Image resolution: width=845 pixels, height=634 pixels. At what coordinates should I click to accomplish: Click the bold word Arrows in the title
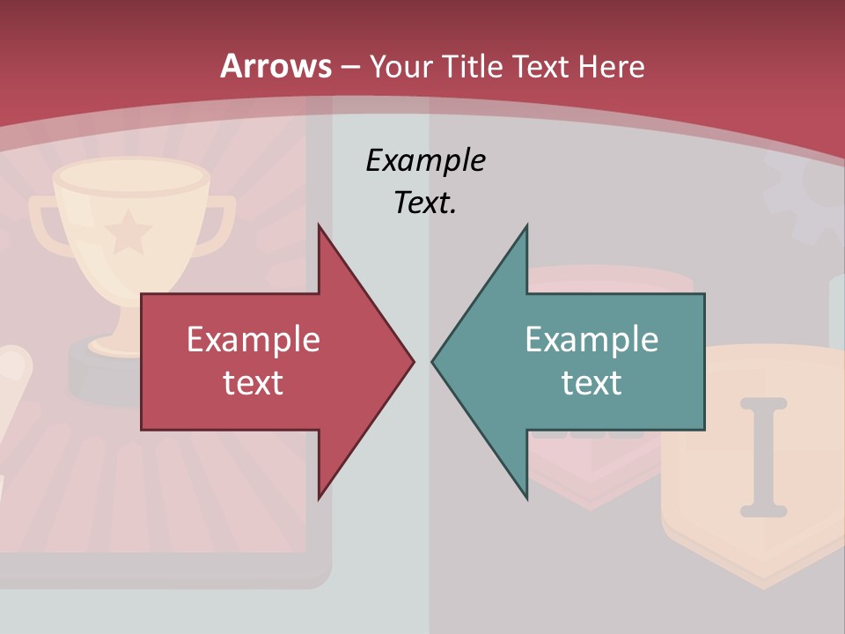click(276, 67)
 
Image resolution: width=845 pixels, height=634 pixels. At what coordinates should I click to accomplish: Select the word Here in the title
click(612, 67)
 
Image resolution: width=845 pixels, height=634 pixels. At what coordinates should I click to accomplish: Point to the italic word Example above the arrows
click(425, 160)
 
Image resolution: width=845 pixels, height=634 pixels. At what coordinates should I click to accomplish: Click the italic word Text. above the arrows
click(425, 203)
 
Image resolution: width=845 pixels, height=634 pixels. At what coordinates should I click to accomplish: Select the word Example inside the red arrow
click(253, 340)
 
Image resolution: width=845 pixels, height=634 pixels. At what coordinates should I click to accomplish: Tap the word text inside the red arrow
click(253, 382)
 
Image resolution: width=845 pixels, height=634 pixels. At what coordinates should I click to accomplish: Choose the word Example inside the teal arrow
click(591, 340)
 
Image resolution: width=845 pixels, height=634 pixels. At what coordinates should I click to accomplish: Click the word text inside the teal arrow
click(591, 382)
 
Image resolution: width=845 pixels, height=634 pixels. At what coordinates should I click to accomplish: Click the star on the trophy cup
click(129, 232)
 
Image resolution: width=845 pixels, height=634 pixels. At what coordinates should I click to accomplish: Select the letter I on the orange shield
click(762, 456)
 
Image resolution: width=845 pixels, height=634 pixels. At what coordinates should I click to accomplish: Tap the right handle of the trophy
click(220, 225)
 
